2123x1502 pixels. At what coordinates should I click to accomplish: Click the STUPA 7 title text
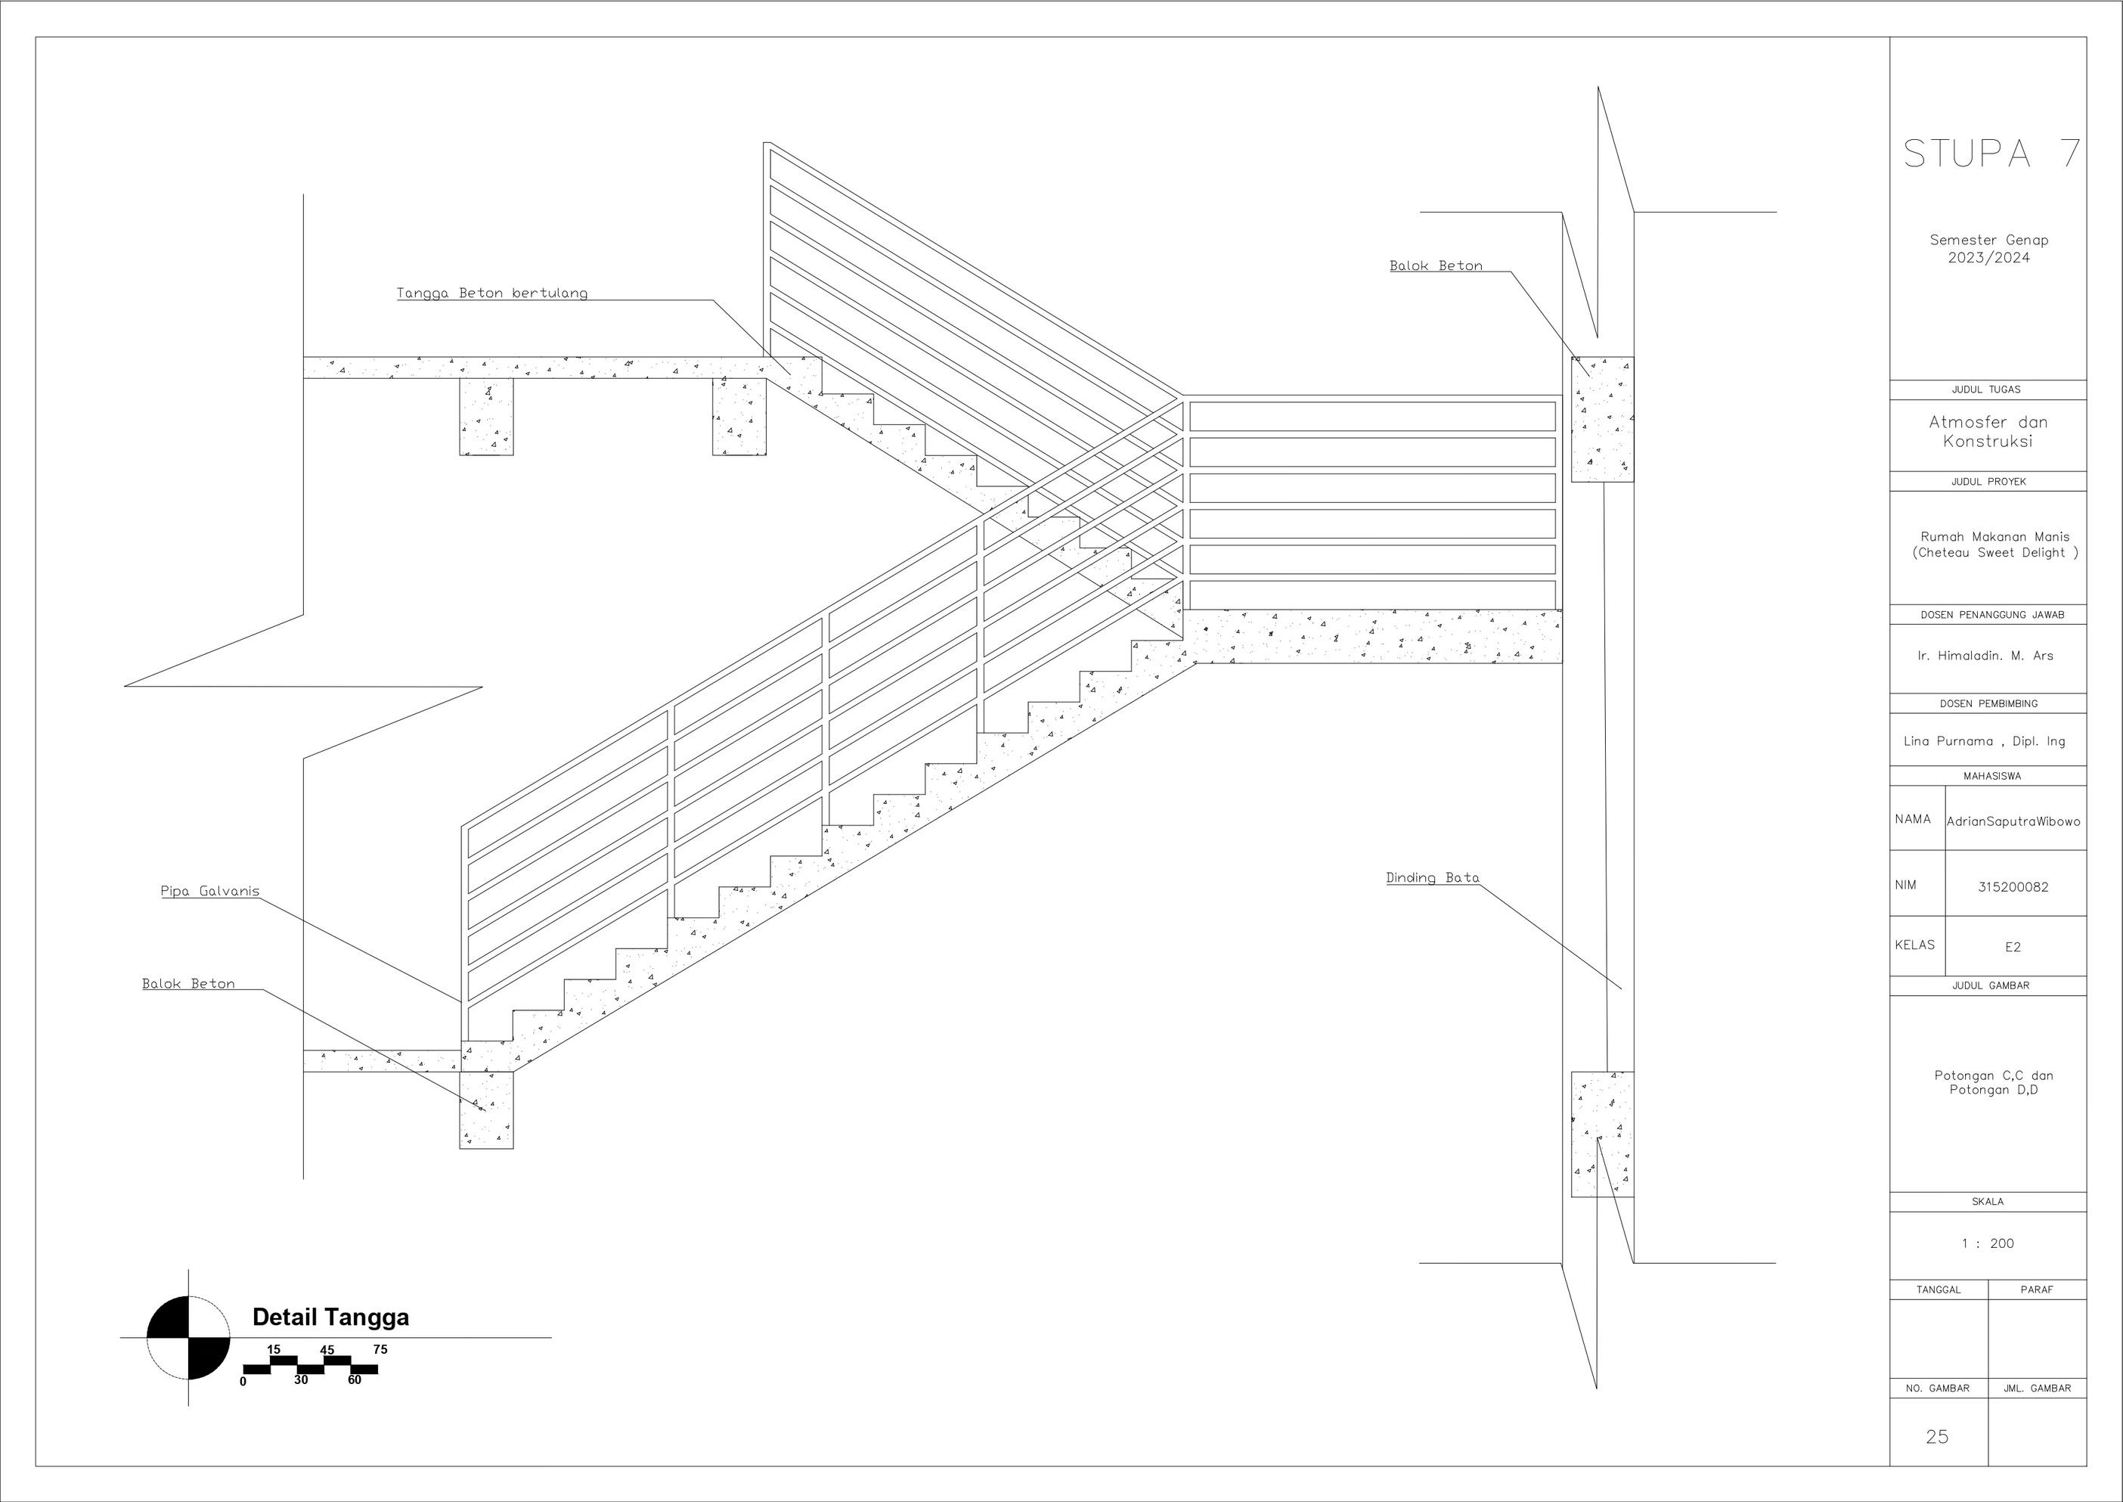pos(1991,154)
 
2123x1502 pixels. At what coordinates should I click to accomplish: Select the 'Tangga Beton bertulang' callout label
pos(492,293)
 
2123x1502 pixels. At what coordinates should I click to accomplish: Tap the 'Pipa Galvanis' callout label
pos(210,892)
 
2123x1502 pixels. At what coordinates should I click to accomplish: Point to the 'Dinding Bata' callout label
pos(1432,878)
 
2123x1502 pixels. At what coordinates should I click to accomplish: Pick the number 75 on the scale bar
pos(380,1349)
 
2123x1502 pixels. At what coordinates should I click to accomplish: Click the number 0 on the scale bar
pos(243,1381)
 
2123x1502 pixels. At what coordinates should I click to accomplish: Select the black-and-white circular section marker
pos(188,1337)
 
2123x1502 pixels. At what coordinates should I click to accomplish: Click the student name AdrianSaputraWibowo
pos(2014,821)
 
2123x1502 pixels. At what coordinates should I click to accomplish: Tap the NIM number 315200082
pos(2013,887)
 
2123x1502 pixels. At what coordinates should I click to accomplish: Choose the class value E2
pos(2013,947)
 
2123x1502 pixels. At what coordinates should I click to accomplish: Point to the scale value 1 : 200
pos(1987,1244)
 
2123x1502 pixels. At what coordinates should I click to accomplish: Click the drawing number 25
pos(1937,1436)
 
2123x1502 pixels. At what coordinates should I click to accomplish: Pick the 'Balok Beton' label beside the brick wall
pos(1436,265)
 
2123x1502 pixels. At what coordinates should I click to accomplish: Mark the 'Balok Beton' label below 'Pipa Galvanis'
pos(188,983)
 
